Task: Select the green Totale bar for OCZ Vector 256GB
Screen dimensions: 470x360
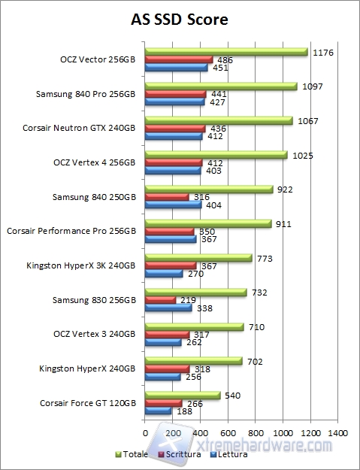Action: [x=225, y=52]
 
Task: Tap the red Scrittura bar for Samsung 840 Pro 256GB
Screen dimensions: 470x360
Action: [x=175, y=94]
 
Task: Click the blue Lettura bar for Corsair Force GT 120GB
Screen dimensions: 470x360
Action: [x=158, y=411]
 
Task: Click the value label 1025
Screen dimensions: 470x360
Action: [x=301, y=155]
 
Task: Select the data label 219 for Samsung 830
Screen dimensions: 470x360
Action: [x=186, y=300]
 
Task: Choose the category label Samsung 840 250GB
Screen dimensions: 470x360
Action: [x=94, y=197]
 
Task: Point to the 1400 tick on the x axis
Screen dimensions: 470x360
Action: [x=337, y=433]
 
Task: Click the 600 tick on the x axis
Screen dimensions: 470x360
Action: [x=228, y=433]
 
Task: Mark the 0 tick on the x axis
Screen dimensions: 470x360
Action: [x=145, y=433]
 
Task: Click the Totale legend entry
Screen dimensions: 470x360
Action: [x=132, y=454]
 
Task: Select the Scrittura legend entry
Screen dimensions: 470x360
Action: [x=180, y=454]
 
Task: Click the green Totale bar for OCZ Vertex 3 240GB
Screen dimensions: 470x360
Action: [x=194, y=327]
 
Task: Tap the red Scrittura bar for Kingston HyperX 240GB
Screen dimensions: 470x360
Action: [x=167, y=369]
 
